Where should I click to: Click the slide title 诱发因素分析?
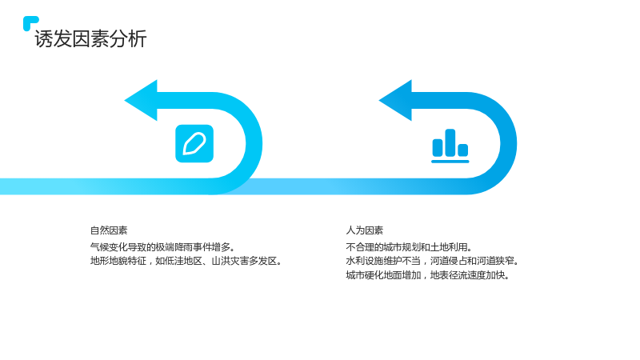point(90,39)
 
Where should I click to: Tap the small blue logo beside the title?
point(30,23)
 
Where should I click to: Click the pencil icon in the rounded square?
point(194,144)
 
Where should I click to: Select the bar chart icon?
point(450,146)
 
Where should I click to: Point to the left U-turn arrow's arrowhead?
point(141,101)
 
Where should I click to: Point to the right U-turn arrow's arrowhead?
point(395,101)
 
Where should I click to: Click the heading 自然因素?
point(109,230)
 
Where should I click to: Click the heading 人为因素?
point(365,230)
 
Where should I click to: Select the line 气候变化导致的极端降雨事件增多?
point(162,247)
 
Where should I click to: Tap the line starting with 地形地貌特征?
point(186,261)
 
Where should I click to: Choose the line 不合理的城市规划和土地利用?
point(409,247)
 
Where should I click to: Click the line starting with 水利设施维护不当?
point(432,261)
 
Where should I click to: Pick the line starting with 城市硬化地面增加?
point(428,275)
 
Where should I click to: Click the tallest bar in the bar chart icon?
point(450,142)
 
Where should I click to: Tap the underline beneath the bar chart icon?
point(450,162)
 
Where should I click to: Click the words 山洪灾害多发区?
point(246,261)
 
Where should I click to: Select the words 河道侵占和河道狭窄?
point(474,261)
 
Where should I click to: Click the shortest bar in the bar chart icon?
point(463,150)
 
